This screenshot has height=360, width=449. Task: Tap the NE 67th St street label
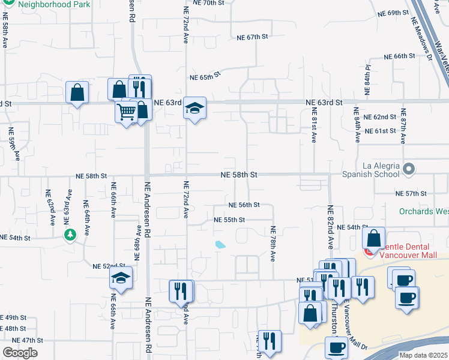click(252, 37)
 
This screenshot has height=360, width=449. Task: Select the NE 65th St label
click(205, 77)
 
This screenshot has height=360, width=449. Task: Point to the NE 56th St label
click(244, 205)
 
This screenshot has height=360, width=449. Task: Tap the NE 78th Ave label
click(273, 244)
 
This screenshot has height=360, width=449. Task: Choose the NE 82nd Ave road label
click(330, 227)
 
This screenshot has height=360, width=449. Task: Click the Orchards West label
click(424, 212)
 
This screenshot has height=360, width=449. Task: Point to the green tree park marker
click(71, 234)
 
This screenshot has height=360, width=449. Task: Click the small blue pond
click(220, 245)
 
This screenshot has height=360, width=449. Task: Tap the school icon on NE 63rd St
click(194, 108)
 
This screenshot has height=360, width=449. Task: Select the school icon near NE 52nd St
click(121, 278)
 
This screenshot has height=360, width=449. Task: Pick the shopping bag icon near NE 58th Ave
click(77, 92)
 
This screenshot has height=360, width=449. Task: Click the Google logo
click(20, 353)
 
